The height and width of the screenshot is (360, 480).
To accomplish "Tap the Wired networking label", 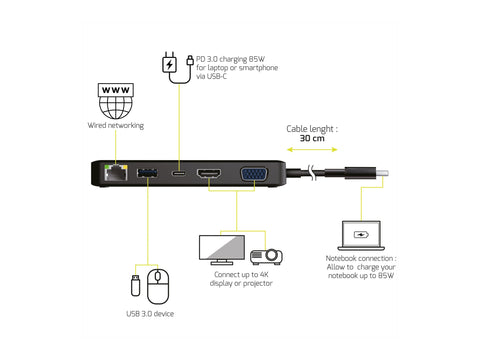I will point(115,126).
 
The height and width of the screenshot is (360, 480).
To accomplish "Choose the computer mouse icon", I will point(159,287).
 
